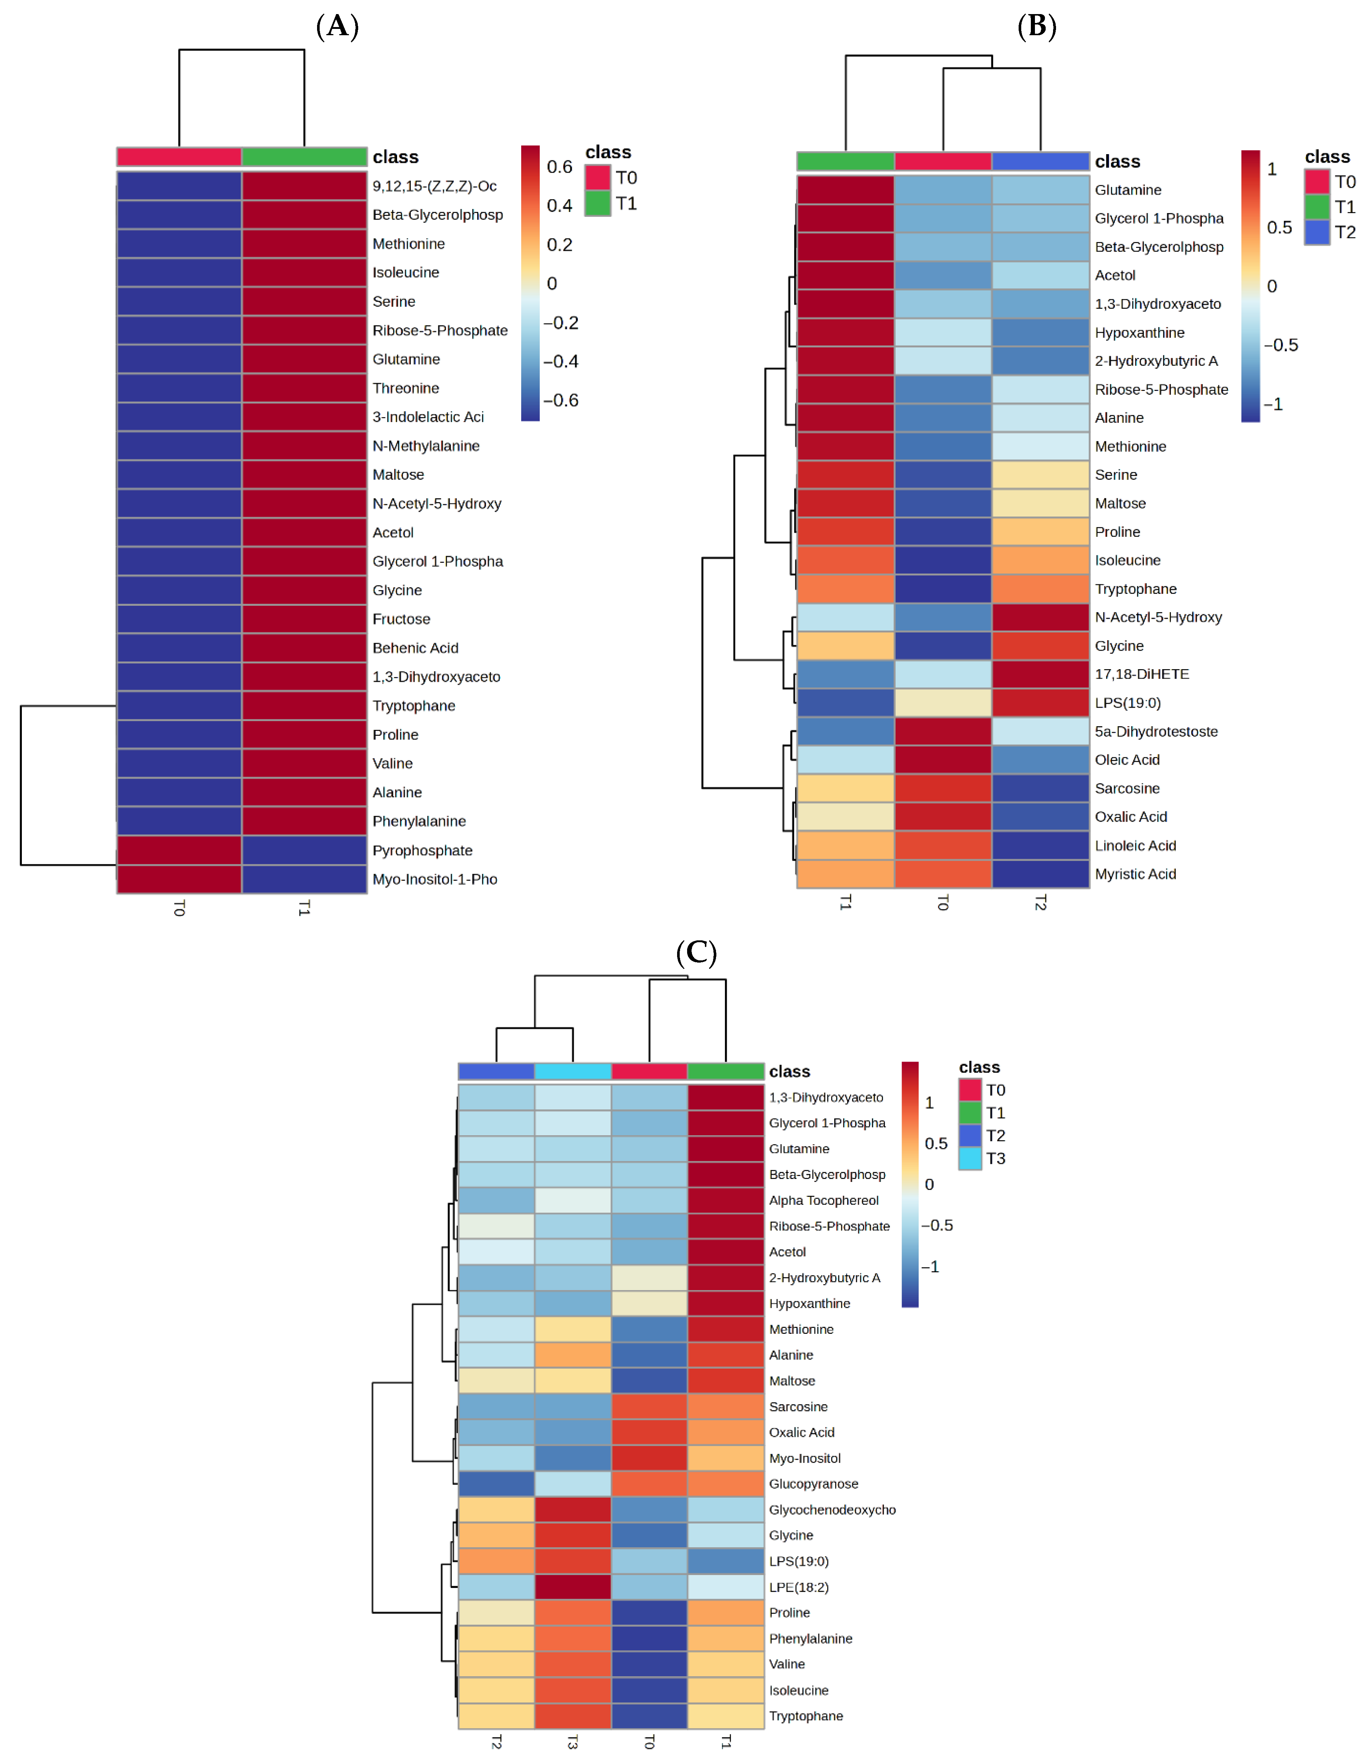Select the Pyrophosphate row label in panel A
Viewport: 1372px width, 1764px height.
(422, 850)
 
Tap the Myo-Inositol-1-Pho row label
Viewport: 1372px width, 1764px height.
(434, 880)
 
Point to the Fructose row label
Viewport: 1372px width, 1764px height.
(402, 619)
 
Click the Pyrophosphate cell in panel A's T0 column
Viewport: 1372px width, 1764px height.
(179, 850)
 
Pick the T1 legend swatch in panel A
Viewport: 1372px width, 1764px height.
(597, 203)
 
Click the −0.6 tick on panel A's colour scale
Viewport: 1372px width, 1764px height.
(561, 401)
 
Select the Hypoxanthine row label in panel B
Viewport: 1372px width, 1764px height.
(1139, 333)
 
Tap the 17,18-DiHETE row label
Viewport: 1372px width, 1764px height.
(1142, 674)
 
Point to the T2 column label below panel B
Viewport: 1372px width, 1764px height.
(1041, 903)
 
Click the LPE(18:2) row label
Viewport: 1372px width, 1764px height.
(799, 1587)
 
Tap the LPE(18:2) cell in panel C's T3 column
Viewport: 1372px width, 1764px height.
(573, 1587)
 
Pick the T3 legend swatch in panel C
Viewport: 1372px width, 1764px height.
(970, 1158)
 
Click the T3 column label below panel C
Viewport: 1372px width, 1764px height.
(573, 1742)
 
